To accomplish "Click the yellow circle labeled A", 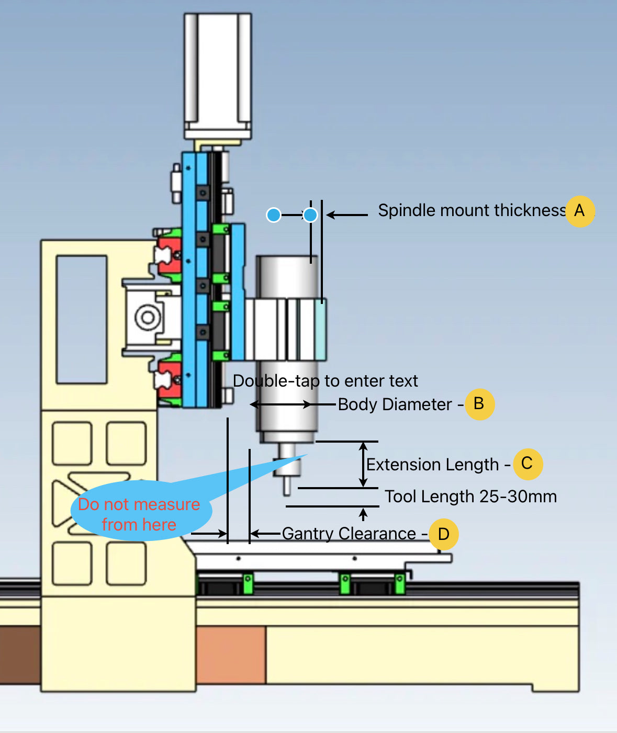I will (x=579, y=211).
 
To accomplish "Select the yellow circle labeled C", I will (x=528, y=464).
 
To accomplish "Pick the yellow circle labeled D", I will (x=444, y=534).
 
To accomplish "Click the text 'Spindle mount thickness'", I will (x=471, y=210).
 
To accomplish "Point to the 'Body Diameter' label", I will (x=395, y=404).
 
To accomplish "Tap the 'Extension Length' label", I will (x=432, y=465).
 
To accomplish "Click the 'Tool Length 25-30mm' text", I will (x=470, y=496).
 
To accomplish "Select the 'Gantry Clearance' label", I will (x=349, y=534).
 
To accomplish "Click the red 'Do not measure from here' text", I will (x=139, y=514).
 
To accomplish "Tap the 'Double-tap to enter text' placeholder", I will (x=325, y=381).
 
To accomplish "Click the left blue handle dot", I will (x=274, y=215).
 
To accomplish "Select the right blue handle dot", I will (x=310, y=215).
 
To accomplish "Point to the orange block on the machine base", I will (x=231, y=655).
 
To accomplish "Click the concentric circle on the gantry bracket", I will (x=148, y=317).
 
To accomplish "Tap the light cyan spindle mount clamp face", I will (x=320, y=330).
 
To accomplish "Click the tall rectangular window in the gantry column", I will (x=82, y=319).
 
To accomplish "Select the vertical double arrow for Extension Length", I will (x=363, y=464).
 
